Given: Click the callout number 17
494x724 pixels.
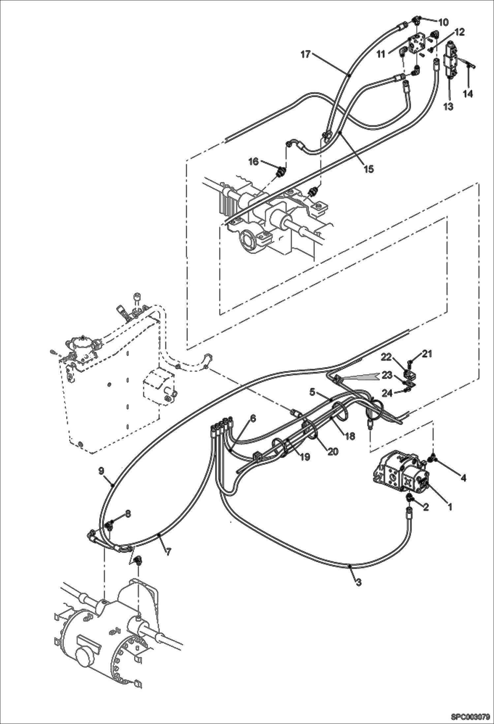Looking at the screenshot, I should pos(306,54).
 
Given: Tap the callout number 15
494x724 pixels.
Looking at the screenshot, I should pos(368,169).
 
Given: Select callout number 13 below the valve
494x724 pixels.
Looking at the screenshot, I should pos(448,107).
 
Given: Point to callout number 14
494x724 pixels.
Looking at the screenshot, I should pos(468,94).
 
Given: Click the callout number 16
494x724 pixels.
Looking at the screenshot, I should pos(254,161).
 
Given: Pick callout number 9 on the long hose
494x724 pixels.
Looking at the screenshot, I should pos(101,470).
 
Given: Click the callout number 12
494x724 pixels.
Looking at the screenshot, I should pos(460,32).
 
